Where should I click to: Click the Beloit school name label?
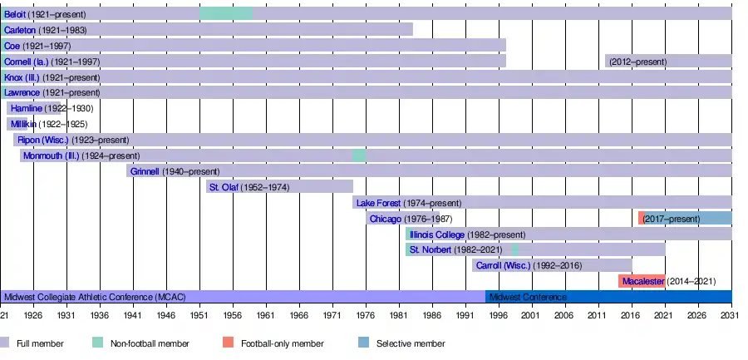tap(15, 14)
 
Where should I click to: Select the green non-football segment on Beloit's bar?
tap(226, 14)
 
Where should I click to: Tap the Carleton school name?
tap(20, 30)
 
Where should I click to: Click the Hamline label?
tap(26, 108)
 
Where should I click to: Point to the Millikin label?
tap(25, 124)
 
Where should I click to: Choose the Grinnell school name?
tap(145, 171)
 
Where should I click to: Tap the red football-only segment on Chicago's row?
tap(642, 218)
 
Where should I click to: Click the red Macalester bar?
tap(642, 281)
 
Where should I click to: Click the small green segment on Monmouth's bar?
tap(359, 155)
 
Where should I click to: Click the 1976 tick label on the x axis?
tap(365, 317)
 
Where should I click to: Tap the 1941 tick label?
tap(133, 317)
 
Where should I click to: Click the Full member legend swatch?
tap(6, 343)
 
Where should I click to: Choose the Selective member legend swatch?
tap(364, 343)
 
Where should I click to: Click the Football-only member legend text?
tap(282, 343)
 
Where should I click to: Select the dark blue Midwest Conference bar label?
tap(528, 297)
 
